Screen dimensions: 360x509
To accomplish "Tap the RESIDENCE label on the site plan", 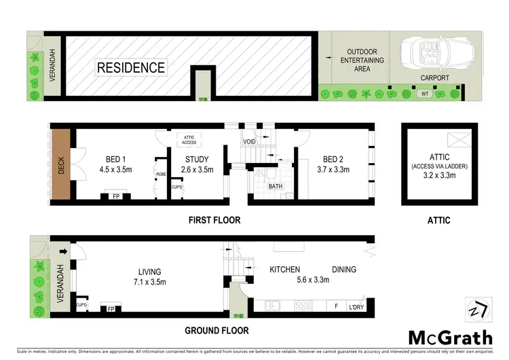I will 131,67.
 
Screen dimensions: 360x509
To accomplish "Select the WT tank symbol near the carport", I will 425,94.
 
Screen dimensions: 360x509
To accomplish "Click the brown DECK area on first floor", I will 62,162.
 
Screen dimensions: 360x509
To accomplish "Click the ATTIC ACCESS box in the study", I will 189,139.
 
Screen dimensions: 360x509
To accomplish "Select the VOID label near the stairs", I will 248,142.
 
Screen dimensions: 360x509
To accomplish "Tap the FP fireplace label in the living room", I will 110,308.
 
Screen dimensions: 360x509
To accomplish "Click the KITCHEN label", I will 284,270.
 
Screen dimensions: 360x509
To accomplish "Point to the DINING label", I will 343,270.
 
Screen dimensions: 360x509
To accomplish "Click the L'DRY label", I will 356,306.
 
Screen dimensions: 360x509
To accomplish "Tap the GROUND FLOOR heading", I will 216,331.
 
